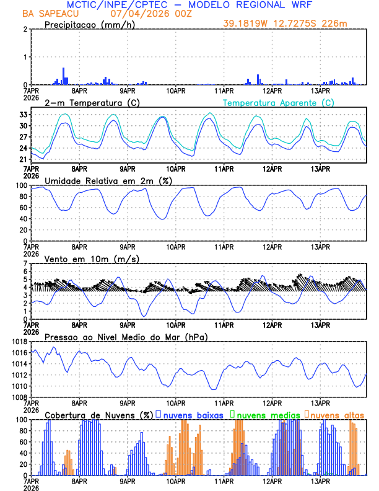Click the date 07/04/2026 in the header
[137, 14]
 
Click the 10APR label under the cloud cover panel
[176, 480]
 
